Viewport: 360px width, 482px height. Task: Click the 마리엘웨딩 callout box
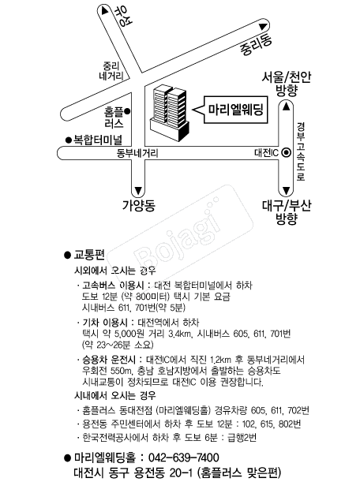point(236,110)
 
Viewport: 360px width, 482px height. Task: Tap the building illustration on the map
point(169,113)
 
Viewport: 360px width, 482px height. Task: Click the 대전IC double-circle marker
point(287,152)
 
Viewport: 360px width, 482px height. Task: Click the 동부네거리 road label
point(137,153)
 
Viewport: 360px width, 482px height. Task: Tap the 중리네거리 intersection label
point(111,71)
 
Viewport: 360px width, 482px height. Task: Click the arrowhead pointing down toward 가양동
point(138,190)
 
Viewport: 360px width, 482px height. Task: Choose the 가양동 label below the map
point(139,205)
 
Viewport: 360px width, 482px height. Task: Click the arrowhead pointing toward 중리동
point(262,27)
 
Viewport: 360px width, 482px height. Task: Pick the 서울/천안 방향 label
point(286,84)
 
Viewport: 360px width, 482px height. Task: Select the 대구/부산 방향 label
point(286,212)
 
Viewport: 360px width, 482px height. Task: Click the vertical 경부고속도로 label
point(301,151)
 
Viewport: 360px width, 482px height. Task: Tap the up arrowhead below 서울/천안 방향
point(286,106)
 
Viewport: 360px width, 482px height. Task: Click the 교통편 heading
point(89,255)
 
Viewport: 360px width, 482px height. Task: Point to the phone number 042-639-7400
point(184,458)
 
